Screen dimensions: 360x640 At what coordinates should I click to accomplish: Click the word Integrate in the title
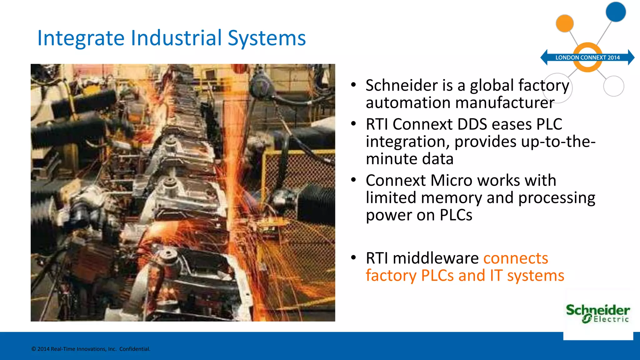[x=81, y=38]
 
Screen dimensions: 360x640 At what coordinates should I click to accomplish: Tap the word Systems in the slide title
[x=267, y=38]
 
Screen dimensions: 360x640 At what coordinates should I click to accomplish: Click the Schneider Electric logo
[x=598, y=313]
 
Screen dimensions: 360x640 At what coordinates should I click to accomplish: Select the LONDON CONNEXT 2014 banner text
[x=587, y=57]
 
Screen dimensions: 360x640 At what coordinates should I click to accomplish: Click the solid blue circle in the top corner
[x=616, y=12]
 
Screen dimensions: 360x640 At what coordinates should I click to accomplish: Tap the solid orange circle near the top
[x=565, y=23]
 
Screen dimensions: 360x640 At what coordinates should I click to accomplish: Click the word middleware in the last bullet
[x=436, y=258]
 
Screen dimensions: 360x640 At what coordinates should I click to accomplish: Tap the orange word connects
[x=516, y=258]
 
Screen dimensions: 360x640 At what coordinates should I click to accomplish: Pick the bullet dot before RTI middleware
[x=353, y=257]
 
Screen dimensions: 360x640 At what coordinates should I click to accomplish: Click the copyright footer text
[x=91, y=349]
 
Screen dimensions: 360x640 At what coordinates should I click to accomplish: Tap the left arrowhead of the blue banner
[x=544, y=57]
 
